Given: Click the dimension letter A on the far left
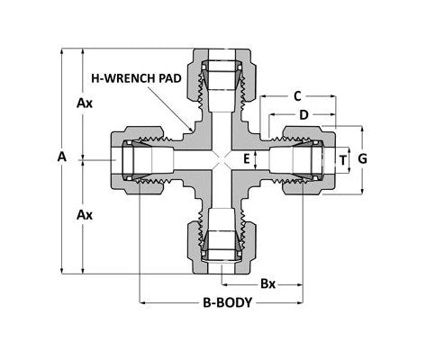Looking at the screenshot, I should click(x=61, y=157).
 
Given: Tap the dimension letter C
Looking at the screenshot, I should click(x=296, y=94).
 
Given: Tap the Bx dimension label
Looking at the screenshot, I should click(x=267, y=283).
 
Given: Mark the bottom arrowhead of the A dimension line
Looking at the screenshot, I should click(x=61, y=269).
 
